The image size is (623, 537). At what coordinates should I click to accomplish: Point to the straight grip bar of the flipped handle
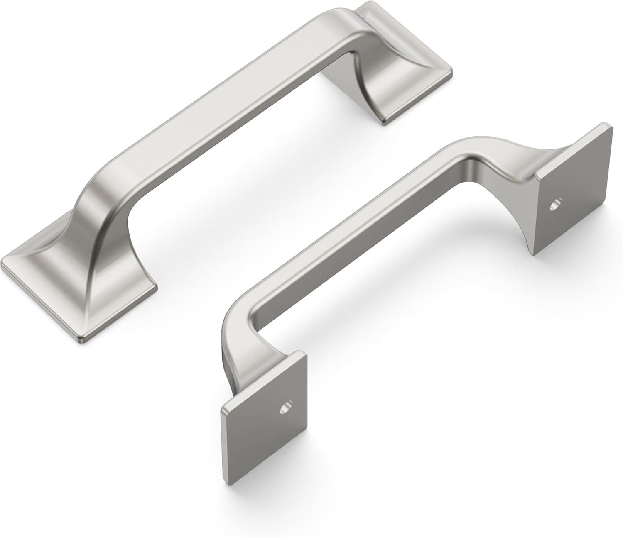(x=374, y=232)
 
